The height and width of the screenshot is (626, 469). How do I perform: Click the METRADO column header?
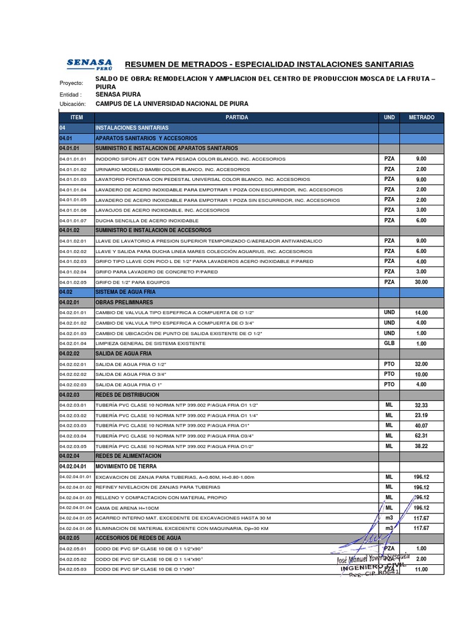421,117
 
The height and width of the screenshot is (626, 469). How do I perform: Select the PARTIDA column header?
236,117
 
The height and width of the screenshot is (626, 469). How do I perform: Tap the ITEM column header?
76,117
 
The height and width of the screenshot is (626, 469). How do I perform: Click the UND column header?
389,117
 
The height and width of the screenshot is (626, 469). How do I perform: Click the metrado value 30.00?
421,282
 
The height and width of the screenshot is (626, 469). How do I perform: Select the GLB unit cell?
389,344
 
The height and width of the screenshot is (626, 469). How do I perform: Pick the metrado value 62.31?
421,436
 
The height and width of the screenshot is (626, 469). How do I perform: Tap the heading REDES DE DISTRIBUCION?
128,395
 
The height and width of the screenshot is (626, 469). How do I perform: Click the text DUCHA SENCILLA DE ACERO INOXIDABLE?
147,220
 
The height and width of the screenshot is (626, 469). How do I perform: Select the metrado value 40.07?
421,425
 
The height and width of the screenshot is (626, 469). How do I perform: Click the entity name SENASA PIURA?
118,95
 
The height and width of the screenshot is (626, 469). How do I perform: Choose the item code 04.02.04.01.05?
76,518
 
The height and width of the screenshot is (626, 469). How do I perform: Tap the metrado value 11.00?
421,569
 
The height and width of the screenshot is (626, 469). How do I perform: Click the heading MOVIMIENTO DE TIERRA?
126,466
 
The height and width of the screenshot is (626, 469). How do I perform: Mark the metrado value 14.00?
421,312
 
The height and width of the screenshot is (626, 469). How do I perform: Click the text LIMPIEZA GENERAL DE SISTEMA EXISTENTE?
151,344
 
